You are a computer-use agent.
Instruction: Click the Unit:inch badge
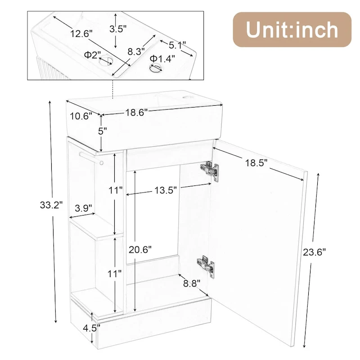coord(292,30)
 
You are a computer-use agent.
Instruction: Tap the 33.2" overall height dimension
coord(51,206)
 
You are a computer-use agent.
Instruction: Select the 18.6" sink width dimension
coord(137,113)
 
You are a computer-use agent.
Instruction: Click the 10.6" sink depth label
coord(81,116)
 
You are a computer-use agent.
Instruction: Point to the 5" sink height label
coord(103,131)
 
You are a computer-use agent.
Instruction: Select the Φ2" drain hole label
coord(93,55)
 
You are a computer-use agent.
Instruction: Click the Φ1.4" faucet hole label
coord(162,58)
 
